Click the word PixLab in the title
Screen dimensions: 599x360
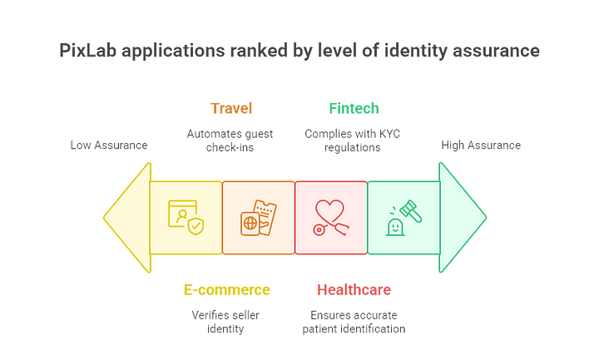[88, 51]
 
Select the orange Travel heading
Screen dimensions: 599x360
[231, 108]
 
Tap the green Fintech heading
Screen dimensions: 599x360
[354, 108]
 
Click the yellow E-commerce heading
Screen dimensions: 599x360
[227, 290]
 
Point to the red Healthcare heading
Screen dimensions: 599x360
[354, 290]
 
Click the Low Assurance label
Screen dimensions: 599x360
[109, 145]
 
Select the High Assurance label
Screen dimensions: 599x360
[481, 145]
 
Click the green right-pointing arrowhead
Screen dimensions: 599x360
[463, 218]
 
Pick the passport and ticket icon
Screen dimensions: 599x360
[259, 218]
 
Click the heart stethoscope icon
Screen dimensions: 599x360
[331, 218]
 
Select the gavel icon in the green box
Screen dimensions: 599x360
[403, 218]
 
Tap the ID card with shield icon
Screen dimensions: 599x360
[186, 218]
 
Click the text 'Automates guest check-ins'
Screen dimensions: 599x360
[230, 141]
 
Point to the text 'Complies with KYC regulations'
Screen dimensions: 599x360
[352, 141]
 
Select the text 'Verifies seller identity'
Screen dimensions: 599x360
[225, 322]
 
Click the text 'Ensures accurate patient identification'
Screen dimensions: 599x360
[354, 322]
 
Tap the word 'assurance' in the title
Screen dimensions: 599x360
[496, 51]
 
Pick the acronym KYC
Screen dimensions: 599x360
[389, 134]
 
